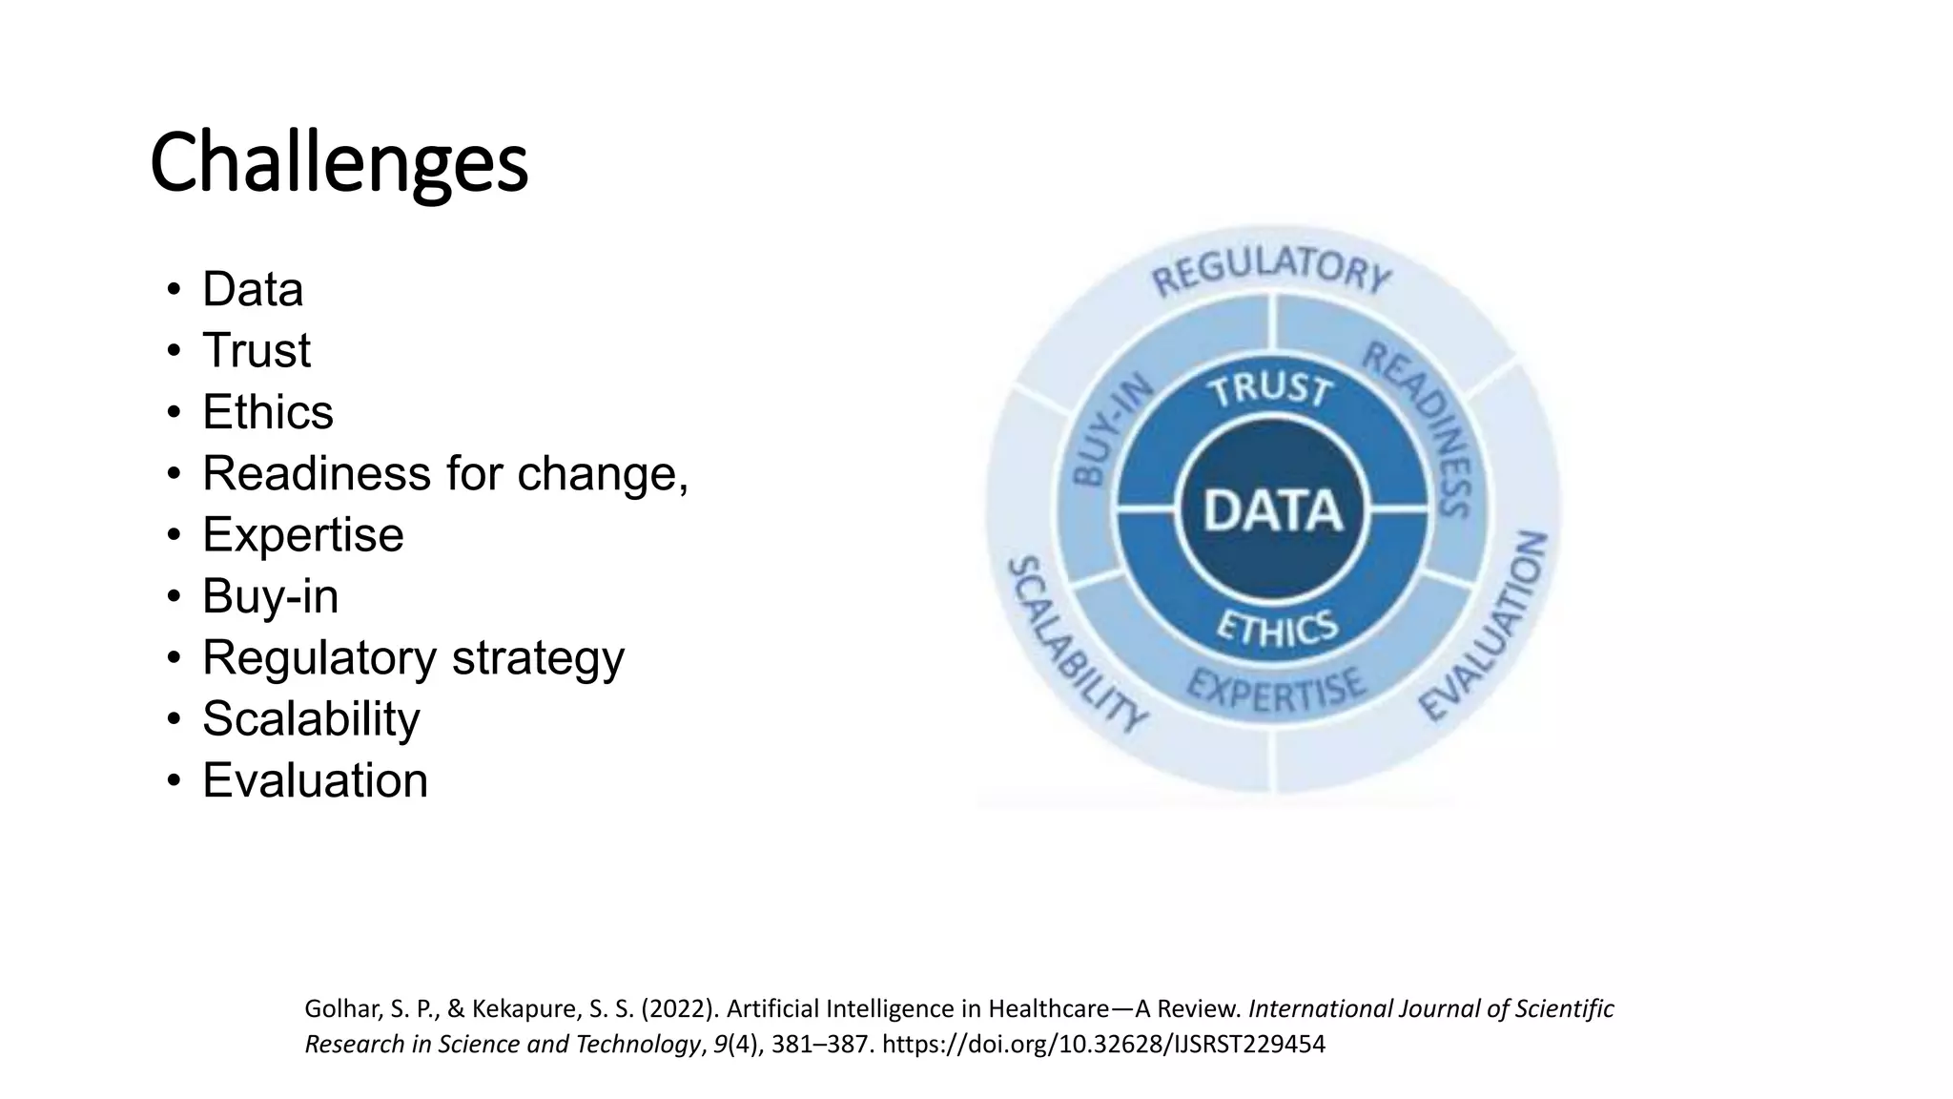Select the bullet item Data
point(253,289)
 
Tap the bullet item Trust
point(256,350)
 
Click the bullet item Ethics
point(268,412)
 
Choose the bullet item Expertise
point(302,534)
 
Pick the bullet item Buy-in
point(270,596)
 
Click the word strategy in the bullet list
point(538,657)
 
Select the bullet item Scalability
point(311,718)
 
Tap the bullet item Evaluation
point(315,780)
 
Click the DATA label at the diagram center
point(1273,510)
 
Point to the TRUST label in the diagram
point(1269,389)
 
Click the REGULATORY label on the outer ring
point(1271,269)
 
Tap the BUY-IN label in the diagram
point(1112,430)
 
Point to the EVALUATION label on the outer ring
point(1484,626)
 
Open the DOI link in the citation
point(1103,1045)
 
